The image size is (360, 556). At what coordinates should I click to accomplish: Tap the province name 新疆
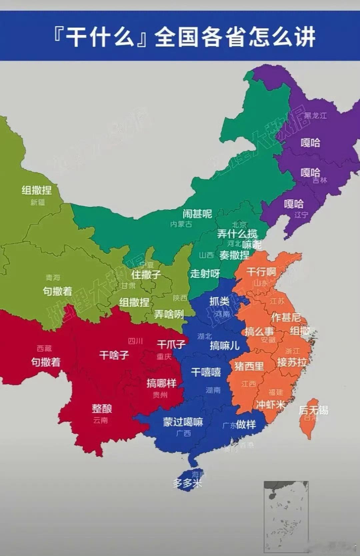(38, 202)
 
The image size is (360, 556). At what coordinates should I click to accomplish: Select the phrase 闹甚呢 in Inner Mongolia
(197, 214)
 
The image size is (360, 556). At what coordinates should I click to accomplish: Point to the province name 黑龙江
(315, 115)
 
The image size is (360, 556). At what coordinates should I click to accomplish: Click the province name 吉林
(320, 180)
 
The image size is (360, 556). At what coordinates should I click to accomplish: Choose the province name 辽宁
(301, 215)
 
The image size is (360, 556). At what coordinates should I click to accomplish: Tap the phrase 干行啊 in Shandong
(261, 272)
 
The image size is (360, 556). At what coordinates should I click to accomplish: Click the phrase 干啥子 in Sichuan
(114, 355)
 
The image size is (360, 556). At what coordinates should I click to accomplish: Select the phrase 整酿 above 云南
(102, 409)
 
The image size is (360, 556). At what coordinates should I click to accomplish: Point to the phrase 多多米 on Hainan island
(187, 483)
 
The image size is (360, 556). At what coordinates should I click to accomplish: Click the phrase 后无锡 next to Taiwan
(313, 410)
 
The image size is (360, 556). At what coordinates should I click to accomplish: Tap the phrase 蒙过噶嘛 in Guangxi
(183, 422)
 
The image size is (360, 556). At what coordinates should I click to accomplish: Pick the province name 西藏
(44, 349)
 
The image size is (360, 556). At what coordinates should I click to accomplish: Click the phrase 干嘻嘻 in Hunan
(206, 372)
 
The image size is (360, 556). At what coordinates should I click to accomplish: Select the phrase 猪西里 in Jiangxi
(249, 366)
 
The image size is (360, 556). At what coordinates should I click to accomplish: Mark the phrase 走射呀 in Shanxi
(205, 274)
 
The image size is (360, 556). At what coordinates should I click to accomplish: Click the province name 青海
(53, 277)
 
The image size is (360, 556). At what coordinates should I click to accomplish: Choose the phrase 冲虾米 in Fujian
(271, 405)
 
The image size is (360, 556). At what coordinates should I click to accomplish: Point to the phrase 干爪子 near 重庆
(171, 344)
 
